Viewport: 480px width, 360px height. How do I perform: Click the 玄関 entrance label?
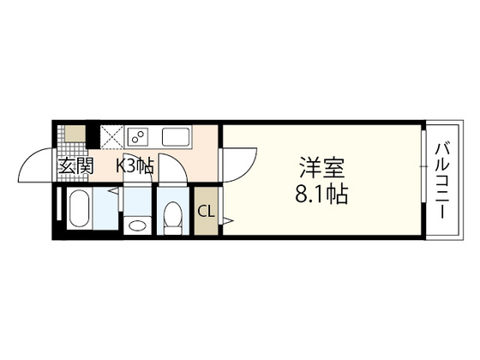75,167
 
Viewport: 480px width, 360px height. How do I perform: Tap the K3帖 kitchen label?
135,167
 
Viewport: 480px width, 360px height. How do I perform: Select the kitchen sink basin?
175,137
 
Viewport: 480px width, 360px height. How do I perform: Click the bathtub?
79,213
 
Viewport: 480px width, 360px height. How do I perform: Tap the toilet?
171,218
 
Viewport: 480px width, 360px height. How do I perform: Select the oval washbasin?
135,225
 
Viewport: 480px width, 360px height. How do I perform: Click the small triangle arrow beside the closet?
228,222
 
